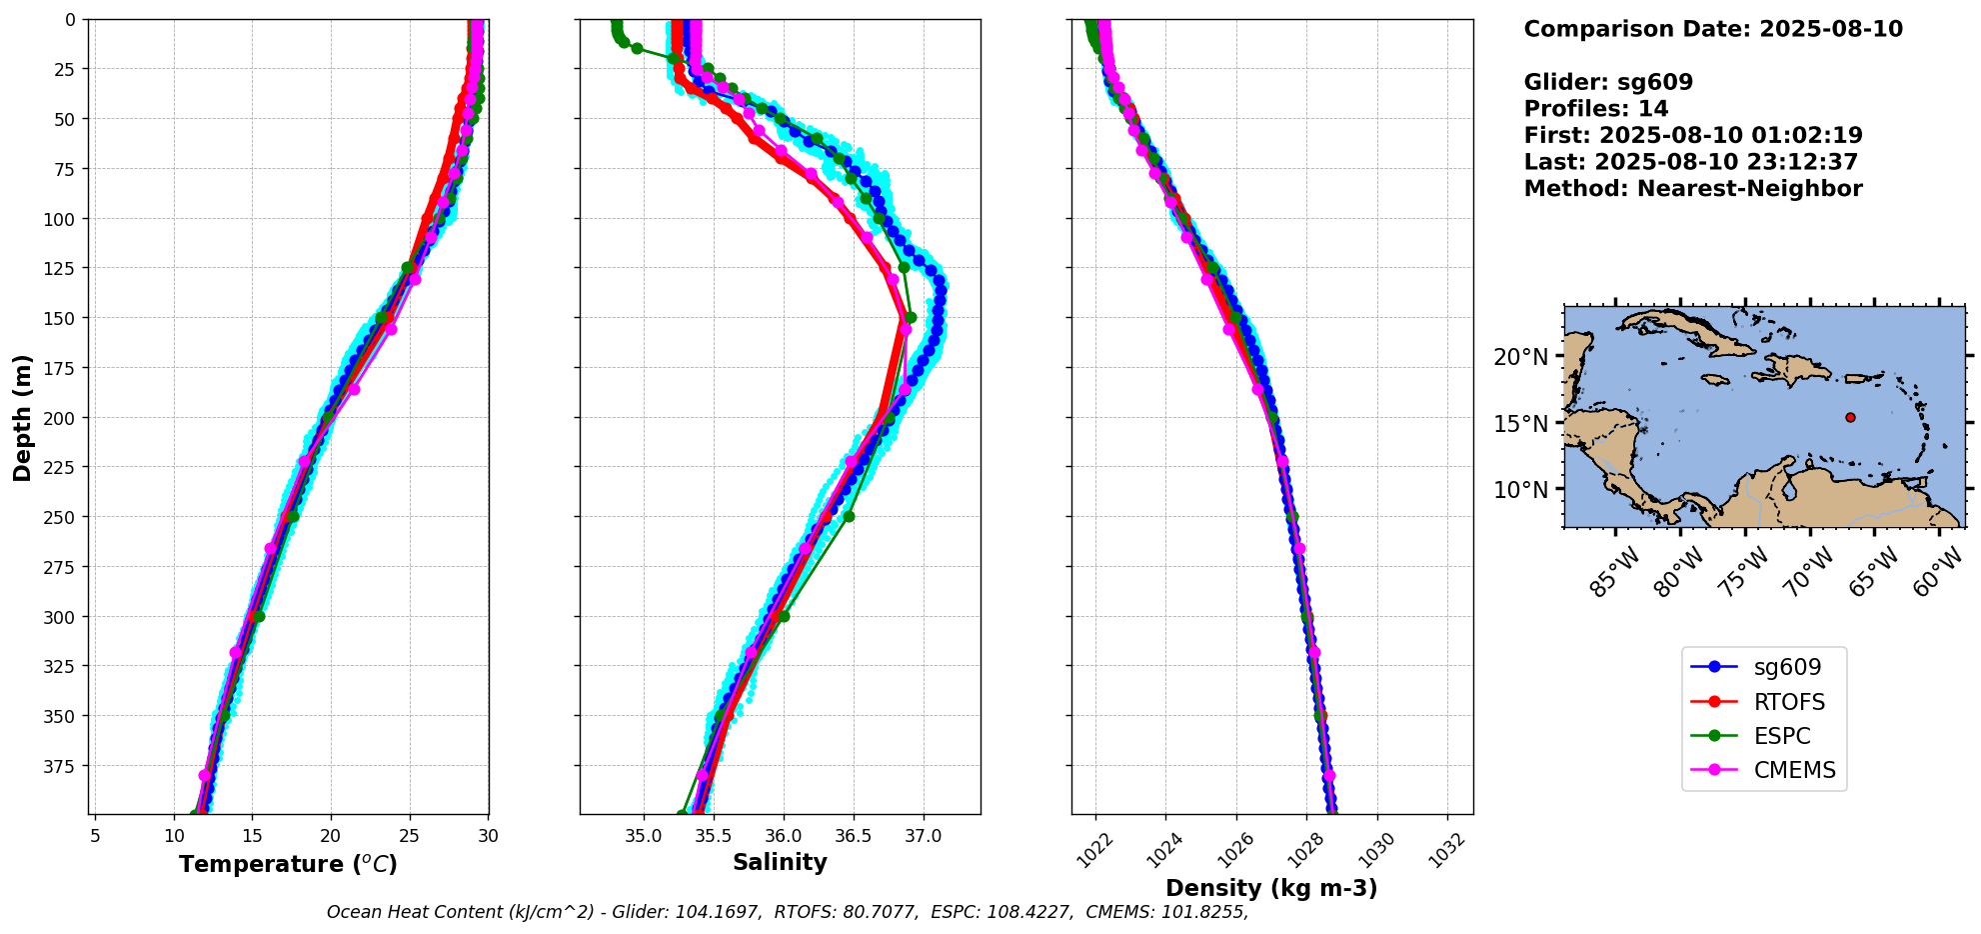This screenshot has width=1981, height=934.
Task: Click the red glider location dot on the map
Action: click(1850, 417)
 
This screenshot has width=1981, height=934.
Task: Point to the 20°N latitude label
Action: click(1521, 357)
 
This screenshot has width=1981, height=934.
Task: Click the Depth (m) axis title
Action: click(22, 417)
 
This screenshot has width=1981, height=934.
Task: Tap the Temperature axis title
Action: click(288, 864)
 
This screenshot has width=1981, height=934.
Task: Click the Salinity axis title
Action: click(780, 862)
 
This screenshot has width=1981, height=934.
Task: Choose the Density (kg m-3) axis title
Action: click(1271, 888)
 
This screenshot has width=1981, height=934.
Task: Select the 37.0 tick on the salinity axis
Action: click(923, 836)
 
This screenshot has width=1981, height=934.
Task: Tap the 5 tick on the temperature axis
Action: click(95, 836)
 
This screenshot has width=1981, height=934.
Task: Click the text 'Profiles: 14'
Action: click(1596, 109)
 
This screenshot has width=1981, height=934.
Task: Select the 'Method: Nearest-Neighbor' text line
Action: click(1693, 189)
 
